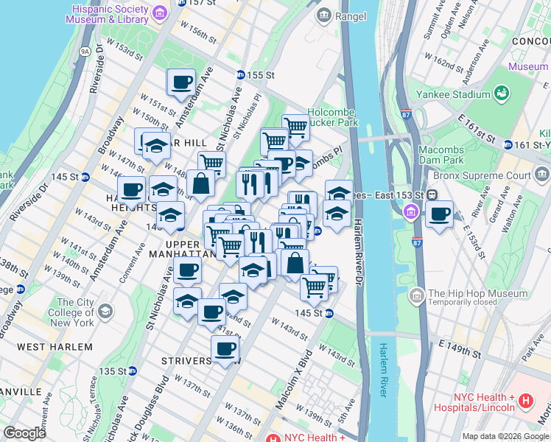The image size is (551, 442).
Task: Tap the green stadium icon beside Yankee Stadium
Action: click(502, 94)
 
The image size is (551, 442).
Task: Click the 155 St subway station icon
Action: click(241, 75)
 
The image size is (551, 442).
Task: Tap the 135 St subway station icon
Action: click(132, 371)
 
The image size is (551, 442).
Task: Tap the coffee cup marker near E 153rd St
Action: click(440, 214)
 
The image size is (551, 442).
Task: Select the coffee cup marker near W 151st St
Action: click(180, 83)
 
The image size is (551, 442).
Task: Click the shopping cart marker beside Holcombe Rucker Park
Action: click(295, 127)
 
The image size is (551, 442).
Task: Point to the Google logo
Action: click(24, 433)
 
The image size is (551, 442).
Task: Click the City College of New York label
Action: click(75, 312)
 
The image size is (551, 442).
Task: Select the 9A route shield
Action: click(85, 52)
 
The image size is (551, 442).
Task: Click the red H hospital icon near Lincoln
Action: click(526, 401)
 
